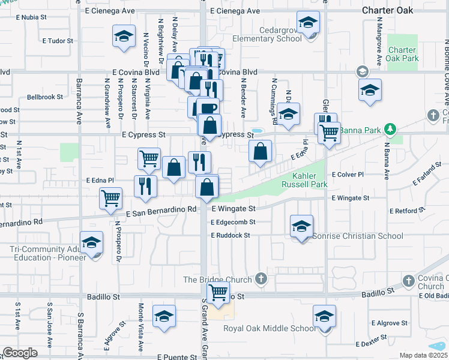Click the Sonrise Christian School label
click(358, 236)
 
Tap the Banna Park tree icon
click(391, 129)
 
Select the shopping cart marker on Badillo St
click(218, 293)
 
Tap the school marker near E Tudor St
click(124, 37)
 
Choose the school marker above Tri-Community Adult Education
click(91, 242)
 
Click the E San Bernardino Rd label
click(161, 209)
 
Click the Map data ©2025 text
click(423, 355)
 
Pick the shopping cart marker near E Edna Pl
click(110, 198)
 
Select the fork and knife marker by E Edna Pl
click(145, 186)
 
